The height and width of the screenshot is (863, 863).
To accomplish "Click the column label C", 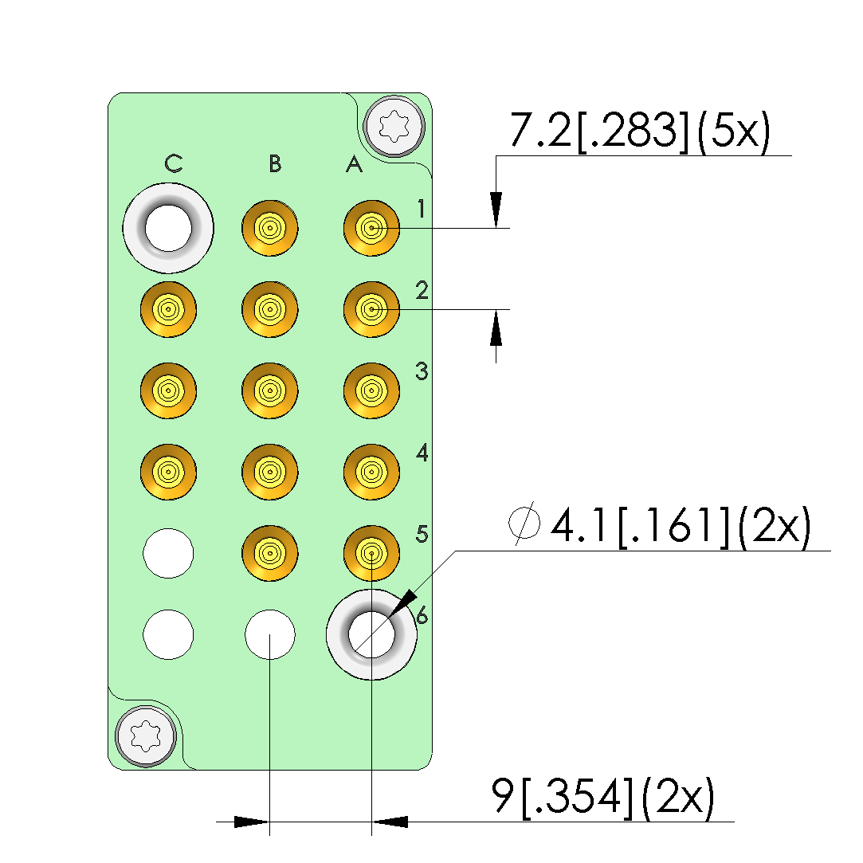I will point(174,164).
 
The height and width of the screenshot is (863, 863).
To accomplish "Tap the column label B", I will point(275,164).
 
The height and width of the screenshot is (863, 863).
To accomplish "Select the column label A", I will point(354,165).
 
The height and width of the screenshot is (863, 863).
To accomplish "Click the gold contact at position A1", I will point(371,229).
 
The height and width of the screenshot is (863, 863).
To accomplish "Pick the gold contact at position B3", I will point(270,390).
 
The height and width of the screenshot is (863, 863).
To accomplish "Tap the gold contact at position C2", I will point(168,309).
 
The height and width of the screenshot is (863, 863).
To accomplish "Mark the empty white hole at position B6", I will point(270,635).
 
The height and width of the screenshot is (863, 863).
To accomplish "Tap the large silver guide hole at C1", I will point(168,229).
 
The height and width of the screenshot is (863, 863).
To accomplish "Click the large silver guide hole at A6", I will point(371,635).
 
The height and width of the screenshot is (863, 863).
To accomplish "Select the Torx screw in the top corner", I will point(394,125).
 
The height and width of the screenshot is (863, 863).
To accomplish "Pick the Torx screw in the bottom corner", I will point(146,736).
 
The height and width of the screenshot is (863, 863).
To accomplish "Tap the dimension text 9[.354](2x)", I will point(603,796).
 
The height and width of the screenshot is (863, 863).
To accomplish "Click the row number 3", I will point(422,371).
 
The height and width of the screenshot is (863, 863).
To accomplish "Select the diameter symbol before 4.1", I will point(524,527).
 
